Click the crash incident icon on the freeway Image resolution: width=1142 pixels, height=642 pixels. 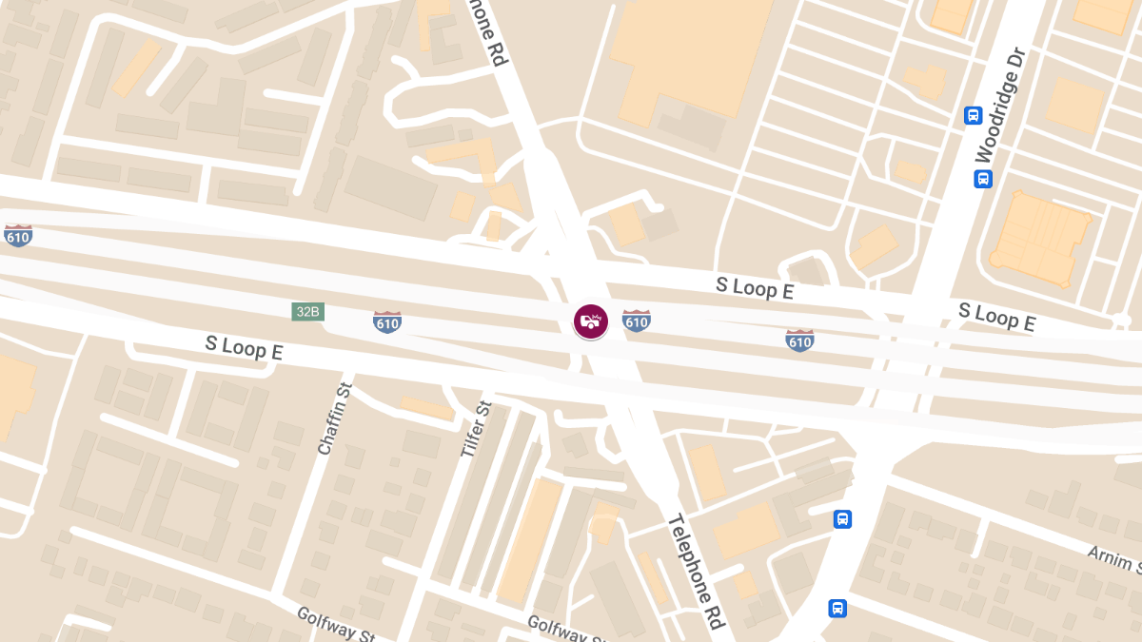(x=590, y=321)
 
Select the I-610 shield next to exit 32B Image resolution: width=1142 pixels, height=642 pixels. (x=387, y=321)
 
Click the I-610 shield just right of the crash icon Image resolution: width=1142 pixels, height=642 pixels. (x=637, y=321)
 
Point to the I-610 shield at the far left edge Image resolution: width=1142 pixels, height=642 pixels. (x=17, y=235)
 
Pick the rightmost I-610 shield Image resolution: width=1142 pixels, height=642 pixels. (x=799, y=340)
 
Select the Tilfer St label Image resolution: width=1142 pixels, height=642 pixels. (x=475, y=431)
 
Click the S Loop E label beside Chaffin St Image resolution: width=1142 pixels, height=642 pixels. (x=244, y=346)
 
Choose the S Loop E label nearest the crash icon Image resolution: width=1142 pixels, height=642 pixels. (x=755, y=288)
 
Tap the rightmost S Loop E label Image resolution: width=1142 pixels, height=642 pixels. (x=996, y=317)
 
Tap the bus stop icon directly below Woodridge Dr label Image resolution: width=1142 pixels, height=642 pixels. (x=983, y=179)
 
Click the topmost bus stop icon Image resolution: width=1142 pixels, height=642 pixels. (x=973, y=115)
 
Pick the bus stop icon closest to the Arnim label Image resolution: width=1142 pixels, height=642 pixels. (x=842, y=519)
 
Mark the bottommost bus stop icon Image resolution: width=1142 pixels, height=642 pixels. (x=837, y=608)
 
